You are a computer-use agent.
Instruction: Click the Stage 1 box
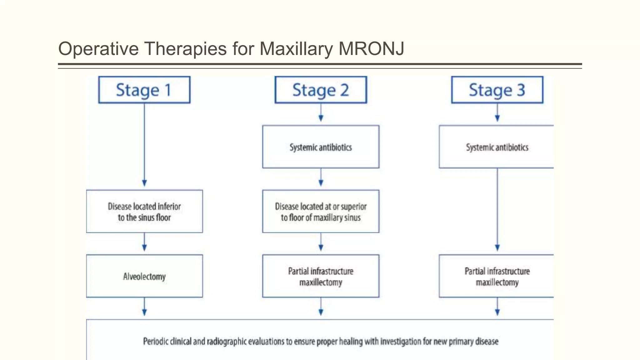click(144, 90)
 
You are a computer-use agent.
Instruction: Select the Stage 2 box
click(321, 90)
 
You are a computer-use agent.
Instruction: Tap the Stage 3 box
click(497, 90)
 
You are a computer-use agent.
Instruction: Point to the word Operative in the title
click(98, 49)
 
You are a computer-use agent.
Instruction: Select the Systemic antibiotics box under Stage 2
click(321, 147)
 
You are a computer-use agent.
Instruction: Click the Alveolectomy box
click(144, 276)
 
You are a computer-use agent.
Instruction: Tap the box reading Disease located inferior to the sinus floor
click(144, 212)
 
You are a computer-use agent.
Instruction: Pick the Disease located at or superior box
click(321, 212)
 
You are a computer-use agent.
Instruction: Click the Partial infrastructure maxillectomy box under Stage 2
click(321, 276)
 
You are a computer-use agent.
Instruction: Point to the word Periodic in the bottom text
click(156, 341)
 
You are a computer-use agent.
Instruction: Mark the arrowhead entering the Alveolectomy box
click(144, 248)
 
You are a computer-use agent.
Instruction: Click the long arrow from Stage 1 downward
click(144, 144)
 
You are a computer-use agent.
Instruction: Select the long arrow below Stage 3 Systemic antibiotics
click(497, 209)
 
